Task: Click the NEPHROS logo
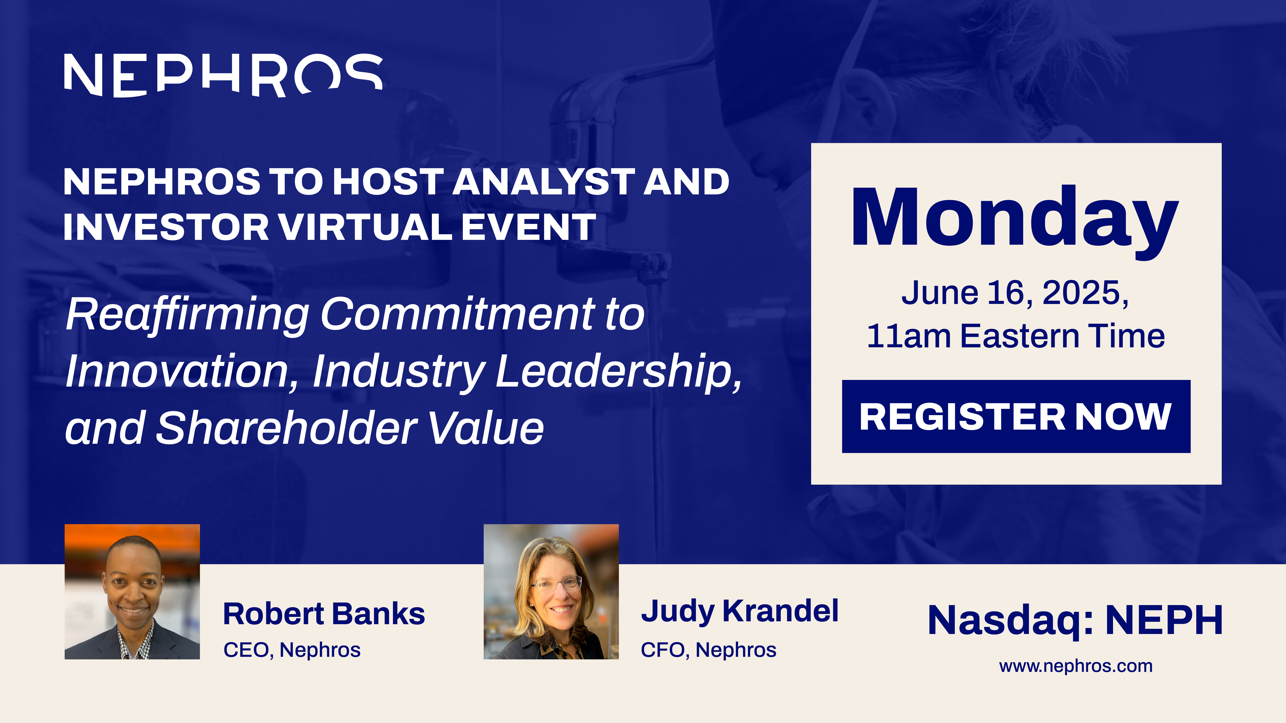pos(223,75)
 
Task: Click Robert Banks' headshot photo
pos(132,592)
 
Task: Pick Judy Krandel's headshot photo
pos(551,592)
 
